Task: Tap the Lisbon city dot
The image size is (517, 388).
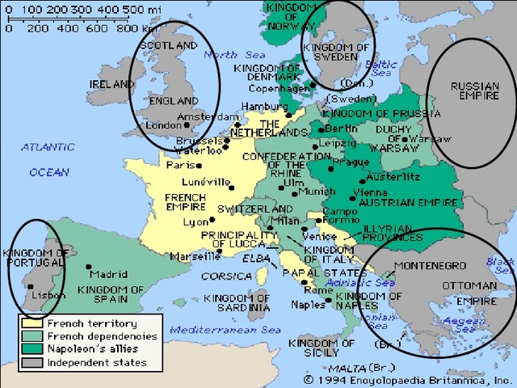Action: [x=30, y=285]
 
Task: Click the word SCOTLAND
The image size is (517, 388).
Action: [x=168, y=46]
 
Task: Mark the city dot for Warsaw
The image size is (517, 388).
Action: [x=404, y=139]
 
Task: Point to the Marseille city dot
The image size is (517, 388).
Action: [x=222, y=257]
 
